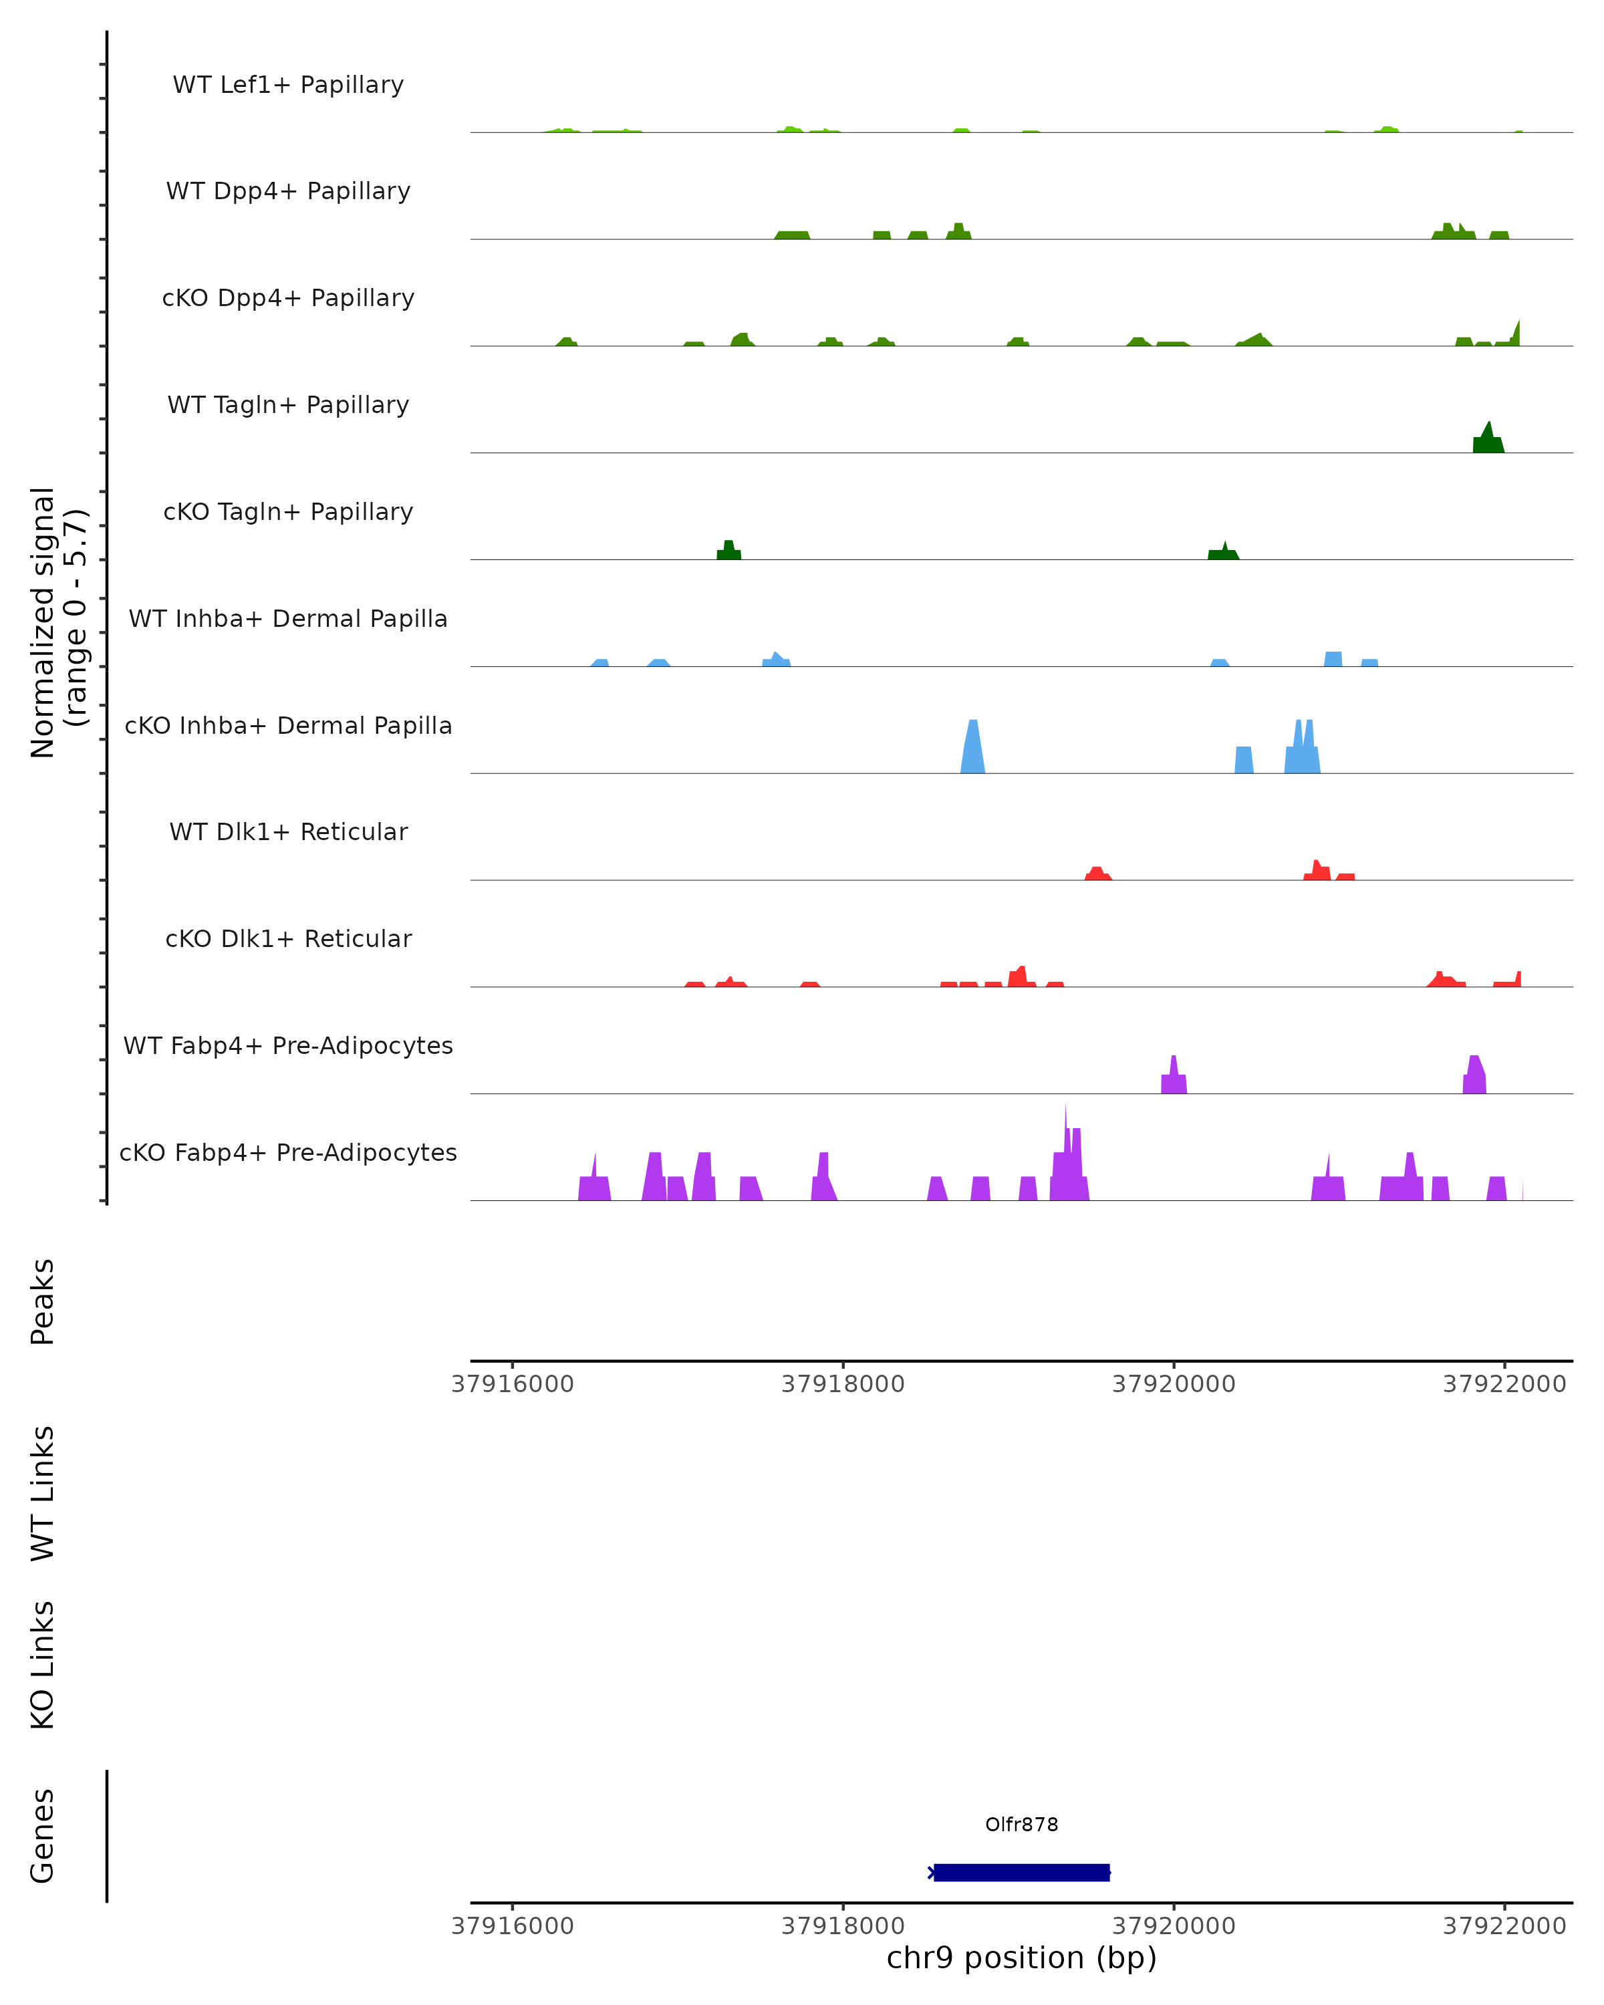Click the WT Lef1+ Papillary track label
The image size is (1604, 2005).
pyautogui.click(x=288, y=85)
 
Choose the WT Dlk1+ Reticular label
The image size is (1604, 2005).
pyautogui.click(x=288, y=831)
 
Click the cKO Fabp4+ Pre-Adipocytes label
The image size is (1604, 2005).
pyautogui.click(x=288, y=1152)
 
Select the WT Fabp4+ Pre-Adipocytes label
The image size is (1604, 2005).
pyautogui.click(x=288, y=1045)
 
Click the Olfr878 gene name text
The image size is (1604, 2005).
pyautogui.click(x=1021, y=1825)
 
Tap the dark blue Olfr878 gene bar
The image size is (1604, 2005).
pyautogui.click(x=1021, y=1872)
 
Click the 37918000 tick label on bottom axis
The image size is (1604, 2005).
pyautogui.click(x=843, y=1925)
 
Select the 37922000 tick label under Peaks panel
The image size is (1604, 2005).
pyautogui.click(x=1504, y=1384)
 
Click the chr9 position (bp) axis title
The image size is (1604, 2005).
pyautogui.click(x=1021, y=1958)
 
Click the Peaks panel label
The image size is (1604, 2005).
pyautogui.click(x=43, y=1301)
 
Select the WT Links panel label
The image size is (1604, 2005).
pyautogui.click(x=43, y=1492)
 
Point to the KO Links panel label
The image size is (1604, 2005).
pyautogui.click(x=43, y=1665)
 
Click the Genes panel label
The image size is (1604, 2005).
pyautogui.click(x=43, y=1836)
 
